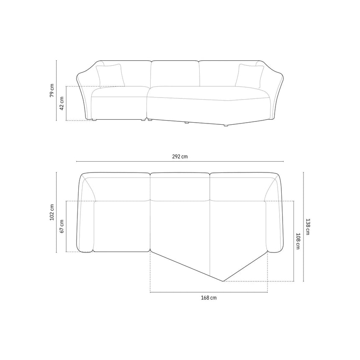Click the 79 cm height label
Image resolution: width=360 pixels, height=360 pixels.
[52, 90]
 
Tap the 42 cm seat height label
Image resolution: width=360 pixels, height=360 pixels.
[62, 103]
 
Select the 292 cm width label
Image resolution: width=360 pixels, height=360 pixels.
[180, 157]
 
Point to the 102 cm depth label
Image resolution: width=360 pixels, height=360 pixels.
[52, 212]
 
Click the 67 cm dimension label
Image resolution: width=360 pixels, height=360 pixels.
[62, 226]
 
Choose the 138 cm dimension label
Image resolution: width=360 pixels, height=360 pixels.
[308, 226]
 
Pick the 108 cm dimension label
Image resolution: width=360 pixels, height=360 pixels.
[298, 241]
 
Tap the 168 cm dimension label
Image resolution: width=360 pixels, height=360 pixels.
[209, 298]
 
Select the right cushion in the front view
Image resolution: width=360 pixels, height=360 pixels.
[249, 76]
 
